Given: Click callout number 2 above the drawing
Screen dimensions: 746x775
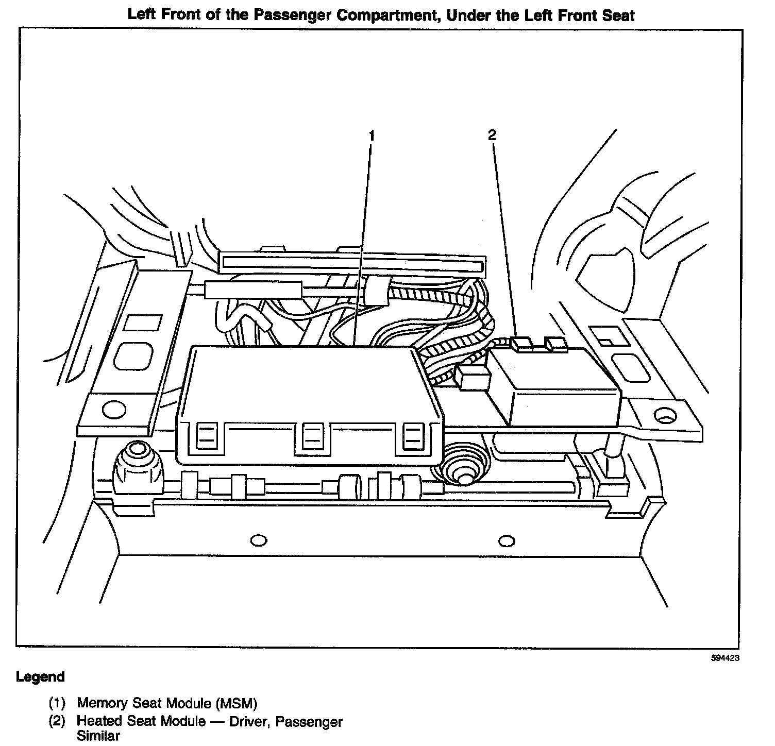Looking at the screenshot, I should coord(492,135).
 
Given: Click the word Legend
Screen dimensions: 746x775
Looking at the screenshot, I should coord(41,676).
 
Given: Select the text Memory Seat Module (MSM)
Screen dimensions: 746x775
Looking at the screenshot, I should coord(167,703).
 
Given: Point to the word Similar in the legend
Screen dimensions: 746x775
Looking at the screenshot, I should coord(98,735).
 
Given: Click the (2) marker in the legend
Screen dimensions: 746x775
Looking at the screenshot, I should coord(57,721).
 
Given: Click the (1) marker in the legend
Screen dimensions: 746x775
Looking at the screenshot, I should coord(57,703).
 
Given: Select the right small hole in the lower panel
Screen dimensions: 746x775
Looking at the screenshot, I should coord(507,540).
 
